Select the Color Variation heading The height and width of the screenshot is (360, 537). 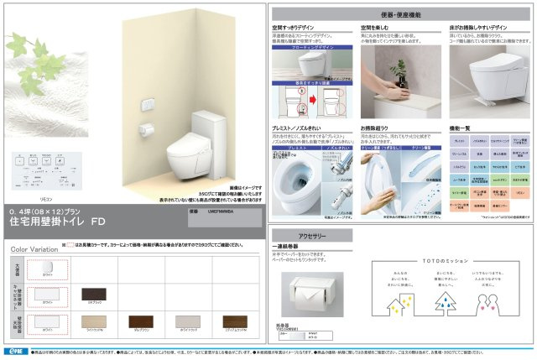pyautogui.click(x=36, y=249)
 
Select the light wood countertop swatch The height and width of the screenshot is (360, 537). pyautogui.click(x=91, y=322)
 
